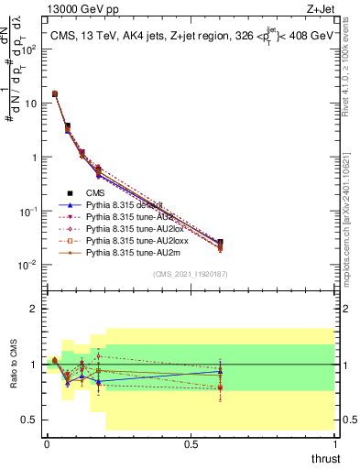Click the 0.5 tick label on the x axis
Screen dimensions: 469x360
click(190, 444)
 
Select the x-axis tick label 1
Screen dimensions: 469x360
click(334, 444)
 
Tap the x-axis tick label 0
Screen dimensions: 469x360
click(46, 444)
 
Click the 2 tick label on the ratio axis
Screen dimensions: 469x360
click(35, 309)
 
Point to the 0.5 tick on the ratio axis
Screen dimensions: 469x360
click(30, 420)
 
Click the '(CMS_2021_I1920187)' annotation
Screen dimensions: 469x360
click(190, 274)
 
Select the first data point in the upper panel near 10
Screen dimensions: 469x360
click(55, 93)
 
